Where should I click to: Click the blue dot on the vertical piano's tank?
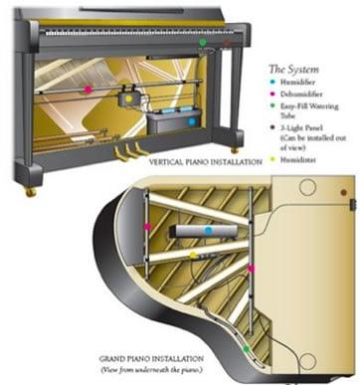[192, 120]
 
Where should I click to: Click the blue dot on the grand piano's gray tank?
[208, 230]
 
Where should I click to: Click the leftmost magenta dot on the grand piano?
[147, 228]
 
